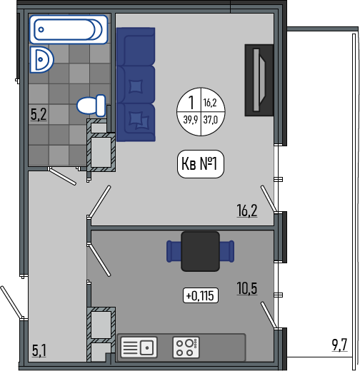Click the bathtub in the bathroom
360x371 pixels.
pyautogui.click(x=69, y=29)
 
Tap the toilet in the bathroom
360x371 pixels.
pyautogui.click(x=91, y=106)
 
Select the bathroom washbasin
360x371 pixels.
pyautogui.click(x=41, y=59)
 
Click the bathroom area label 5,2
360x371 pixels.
pyautogui.click(x=39, y=114)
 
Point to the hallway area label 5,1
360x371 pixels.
pyautogui.click(x=39, y=350)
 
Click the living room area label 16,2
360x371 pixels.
pyautogui.click(x=247, y=210)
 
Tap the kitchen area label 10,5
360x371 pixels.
pyautogui.click(x=247, y=288)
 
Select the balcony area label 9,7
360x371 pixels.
pyautogui.click(x=340, y=345)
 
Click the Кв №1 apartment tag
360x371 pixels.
pyautogui.click(x=201, y=164)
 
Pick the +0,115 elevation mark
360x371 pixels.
pyautogui.click(x=201, y=295)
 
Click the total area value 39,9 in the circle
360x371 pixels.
pyautogui.click(x=191, y=120)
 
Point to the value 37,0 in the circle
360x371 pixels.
pyautogui.click(x=211, y=120)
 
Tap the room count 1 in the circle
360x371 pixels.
pyautogui.click(x=191, y=102)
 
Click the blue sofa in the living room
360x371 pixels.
pyautogui.click(x=136, y=84)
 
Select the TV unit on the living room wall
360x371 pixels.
pyautogui.click(x=259, y=80)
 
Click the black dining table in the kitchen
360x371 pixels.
pyautogui.click(x=200, y=251)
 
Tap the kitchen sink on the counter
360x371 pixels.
pyautogui.click(x=139, y=347)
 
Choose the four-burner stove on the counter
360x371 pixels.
pyautogui.click(x=186, y=347)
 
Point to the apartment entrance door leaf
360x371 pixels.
pyautogui.click(x=11, y=302)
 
